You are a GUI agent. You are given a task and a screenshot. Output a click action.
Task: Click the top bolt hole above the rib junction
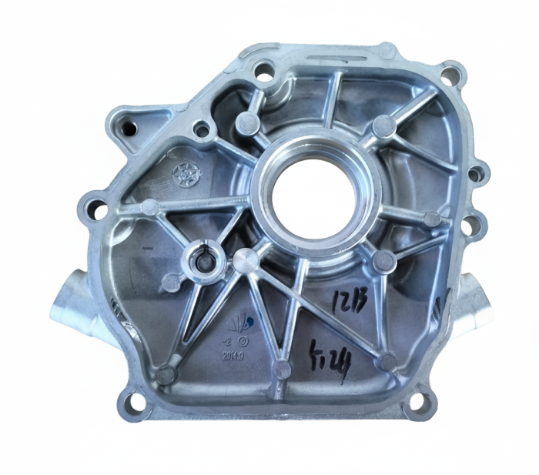coord(264,76)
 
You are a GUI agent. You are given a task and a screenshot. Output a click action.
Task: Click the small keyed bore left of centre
coord(203,263)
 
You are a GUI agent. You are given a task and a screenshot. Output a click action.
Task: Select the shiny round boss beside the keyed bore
coord(245,259)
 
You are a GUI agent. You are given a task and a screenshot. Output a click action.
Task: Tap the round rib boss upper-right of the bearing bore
coord(382,125)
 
